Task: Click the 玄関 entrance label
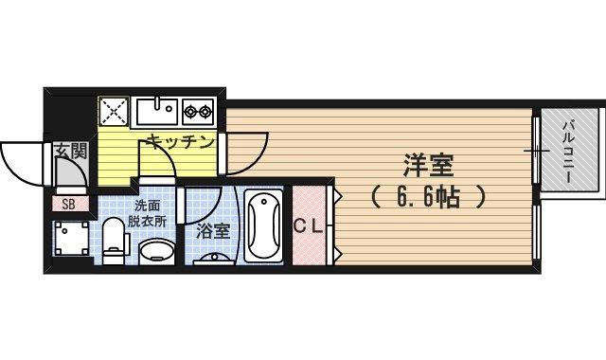(x=69, y=149)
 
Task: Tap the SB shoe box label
(x=68, y=204)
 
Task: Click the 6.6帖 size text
(x=428, y=198)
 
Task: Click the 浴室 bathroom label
(x=211, y=230)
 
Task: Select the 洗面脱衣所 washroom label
(x=150, y=213)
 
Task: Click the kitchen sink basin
(x=157, y=111)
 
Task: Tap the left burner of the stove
(x=190, y=112)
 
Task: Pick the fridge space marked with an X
(x=114, y=112)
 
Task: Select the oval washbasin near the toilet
(x=155, y=252)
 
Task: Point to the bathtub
(x=264, y=227)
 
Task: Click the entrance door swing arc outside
(x=21, y=163)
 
